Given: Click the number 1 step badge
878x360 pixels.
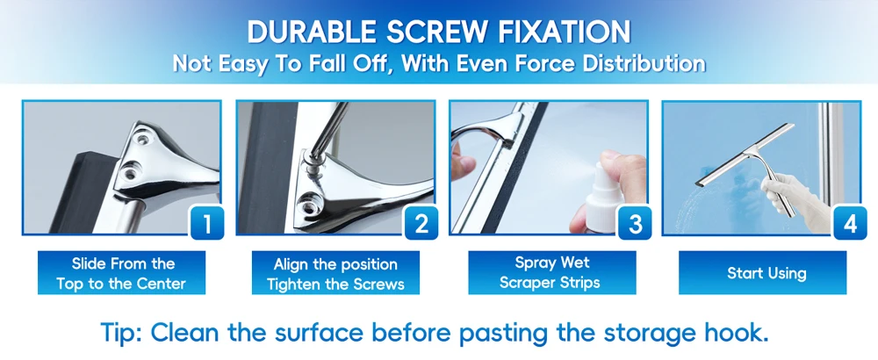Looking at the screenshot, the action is point(207,223).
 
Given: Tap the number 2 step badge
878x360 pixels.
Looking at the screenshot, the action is point(421,223).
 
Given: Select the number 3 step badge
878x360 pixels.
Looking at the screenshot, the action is point(635,223).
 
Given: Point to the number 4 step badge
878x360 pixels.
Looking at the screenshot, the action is point(849,223).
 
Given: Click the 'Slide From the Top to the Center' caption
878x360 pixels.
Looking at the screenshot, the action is point(121,273).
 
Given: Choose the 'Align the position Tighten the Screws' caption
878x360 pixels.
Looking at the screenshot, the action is point(335,273).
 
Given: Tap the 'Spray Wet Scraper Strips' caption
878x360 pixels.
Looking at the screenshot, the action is point(552,273).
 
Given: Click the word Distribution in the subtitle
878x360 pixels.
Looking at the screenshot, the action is point(644,63).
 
